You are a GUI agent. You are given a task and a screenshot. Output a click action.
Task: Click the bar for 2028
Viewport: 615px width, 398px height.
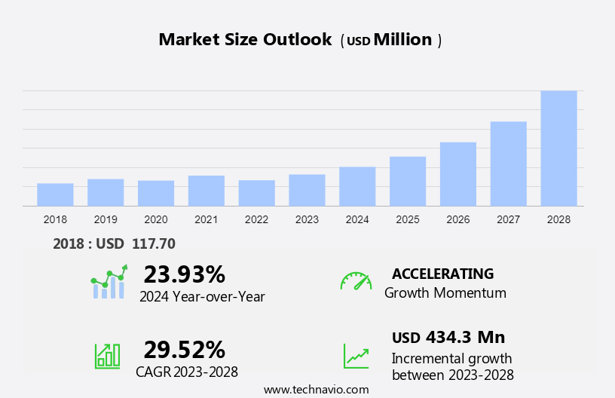point(558,148)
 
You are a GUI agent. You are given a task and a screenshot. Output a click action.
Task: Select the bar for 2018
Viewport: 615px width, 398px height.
point(55,194)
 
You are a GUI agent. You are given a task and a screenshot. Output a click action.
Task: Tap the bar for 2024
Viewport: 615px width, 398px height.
point(357,186)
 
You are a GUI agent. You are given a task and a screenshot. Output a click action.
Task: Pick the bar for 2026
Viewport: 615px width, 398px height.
point(458,174)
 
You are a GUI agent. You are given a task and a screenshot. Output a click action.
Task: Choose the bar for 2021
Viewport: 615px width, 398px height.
point(207,191)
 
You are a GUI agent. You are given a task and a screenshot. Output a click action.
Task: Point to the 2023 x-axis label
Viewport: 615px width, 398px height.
point(307,219)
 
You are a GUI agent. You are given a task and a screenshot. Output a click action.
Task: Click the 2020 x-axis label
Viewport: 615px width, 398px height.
point(156,219)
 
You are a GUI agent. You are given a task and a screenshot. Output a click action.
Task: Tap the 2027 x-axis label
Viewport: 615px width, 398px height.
point(508,219)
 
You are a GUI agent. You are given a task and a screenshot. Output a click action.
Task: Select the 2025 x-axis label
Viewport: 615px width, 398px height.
point(408,219)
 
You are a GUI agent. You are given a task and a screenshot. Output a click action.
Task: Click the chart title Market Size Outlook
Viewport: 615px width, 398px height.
point(245,40)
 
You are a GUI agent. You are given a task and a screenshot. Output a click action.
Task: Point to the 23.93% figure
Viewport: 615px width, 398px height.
point(184,274)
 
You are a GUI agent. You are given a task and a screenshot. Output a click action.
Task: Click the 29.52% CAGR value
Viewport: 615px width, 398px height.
point(184,350)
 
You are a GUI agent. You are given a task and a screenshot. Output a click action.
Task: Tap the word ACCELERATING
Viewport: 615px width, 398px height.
point(442,274)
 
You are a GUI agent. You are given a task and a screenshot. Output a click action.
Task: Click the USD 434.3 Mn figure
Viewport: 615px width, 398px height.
point(448,337)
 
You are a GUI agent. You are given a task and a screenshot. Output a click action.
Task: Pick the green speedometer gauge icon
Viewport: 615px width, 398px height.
point(356,282)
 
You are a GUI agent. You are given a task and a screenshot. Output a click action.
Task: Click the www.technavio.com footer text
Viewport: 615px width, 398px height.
point(316,390)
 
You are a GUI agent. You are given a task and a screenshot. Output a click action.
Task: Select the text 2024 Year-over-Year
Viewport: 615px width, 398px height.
point(202,296)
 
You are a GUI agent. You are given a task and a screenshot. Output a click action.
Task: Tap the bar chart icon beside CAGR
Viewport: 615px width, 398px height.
point(107,355)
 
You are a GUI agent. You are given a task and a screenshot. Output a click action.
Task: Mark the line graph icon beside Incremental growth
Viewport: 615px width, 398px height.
point(356,355)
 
